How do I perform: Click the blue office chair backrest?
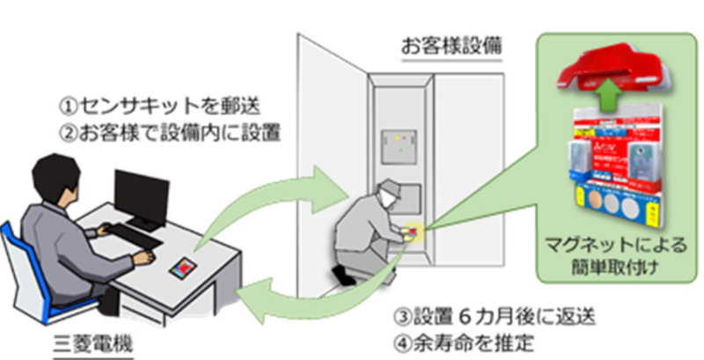click(x=19, y=255)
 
